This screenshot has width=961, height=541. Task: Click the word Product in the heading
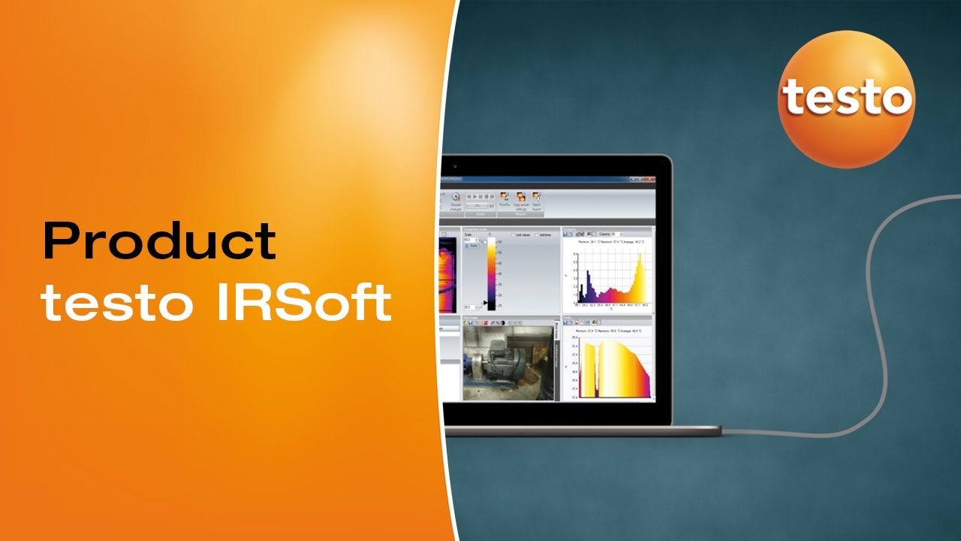point(159,242)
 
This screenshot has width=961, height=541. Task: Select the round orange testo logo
point(846,99)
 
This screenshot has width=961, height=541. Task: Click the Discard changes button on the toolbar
point(455,201)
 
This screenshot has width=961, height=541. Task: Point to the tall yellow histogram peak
point(640,278)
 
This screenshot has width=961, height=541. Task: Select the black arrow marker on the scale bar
point(484,303)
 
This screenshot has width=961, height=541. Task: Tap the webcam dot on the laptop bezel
point(556,161)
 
